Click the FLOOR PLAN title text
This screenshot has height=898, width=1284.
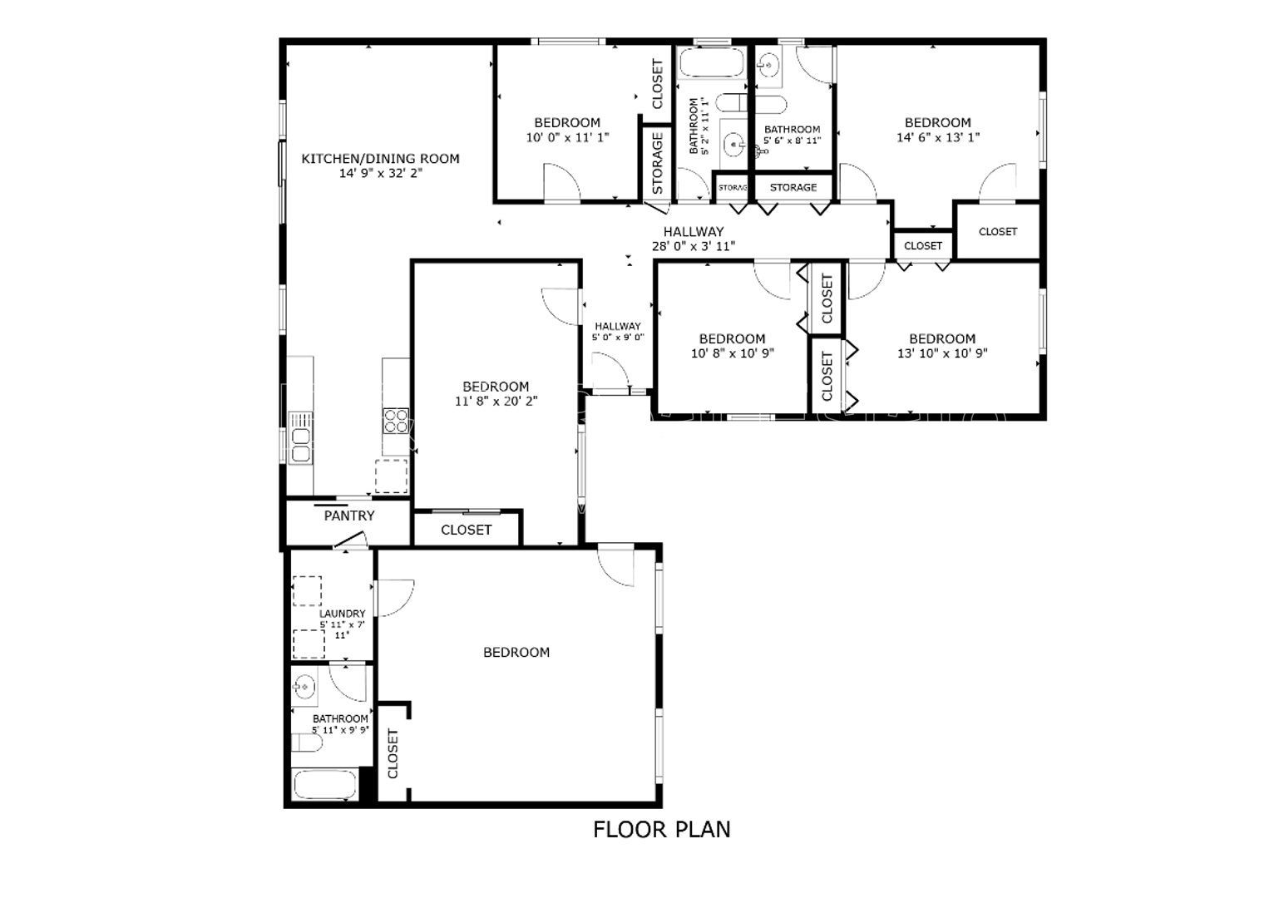(x=661, y=830)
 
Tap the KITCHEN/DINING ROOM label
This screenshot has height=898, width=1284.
(x=381, y=159)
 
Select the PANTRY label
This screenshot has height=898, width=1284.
(x=349, y=516)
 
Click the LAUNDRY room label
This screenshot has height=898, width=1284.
(x=343, y=613)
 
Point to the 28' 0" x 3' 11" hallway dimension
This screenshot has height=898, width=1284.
(x=694, y=246)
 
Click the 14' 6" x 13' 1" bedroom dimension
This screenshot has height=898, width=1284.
(x=938, y=137)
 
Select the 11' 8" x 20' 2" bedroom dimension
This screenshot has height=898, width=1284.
(x=496, y=401)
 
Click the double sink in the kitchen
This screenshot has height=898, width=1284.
(x=300, y=438)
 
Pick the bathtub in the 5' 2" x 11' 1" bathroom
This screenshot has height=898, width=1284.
(x=711, y=62)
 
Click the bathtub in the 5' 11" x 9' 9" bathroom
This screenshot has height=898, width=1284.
(x=324, y=785)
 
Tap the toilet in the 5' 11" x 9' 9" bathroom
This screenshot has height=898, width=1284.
(x=307, y=743)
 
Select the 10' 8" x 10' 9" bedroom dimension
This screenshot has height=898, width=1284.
(x=733, y=353)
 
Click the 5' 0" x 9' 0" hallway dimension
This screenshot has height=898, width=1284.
(x=618, y=338)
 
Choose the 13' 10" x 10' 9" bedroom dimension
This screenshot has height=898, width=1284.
(x=942, y=353)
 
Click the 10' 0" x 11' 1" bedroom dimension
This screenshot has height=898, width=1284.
(x=567, y=137)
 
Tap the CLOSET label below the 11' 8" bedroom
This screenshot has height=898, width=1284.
(x=466, y=530)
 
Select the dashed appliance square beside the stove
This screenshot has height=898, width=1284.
(x=392, y=476)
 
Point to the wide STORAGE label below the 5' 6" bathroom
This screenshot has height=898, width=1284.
(x=793, y=187)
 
